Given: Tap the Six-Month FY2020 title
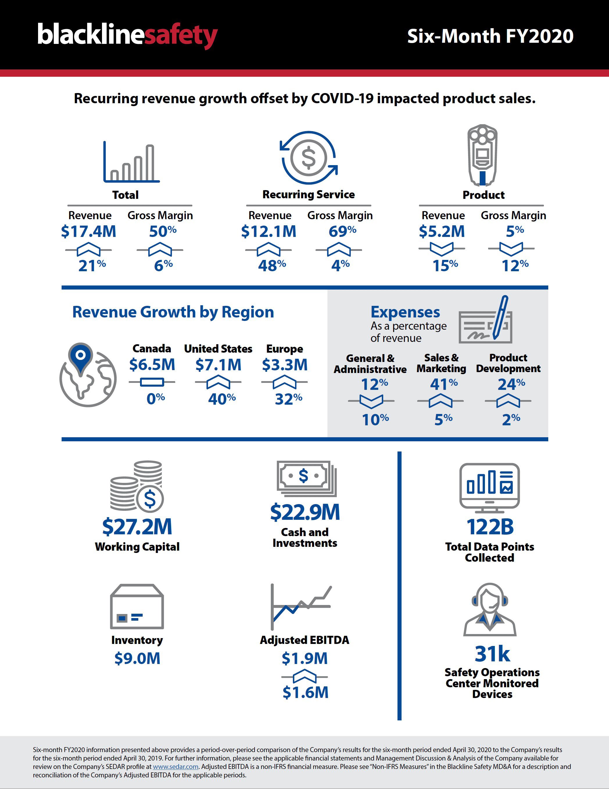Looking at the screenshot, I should pyautogui.click(x=490, y=36).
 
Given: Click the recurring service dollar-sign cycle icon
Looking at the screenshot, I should pyautogui.click(x=309, y=158).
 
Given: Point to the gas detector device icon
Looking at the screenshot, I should pyautogui.click(x=482, y=155).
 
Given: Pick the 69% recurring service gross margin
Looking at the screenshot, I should pyautogui.click(x=342, y=231).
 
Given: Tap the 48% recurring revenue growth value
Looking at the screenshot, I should pyautogui.click(x=272, y=265).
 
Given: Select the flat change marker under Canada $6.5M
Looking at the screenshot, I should pyautogui.click(x=152, y=382).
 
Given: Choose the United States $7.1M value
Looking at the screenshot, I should pyautogui.click(x=218, y=365).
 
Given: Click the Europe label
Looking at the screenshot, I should pyautogui.click(x=284, y=349).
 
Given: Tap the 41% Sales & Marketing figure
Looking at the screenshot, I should pyautogui.click(x=443, y=384).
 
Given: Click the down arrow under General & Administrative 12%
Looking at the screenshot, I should pyautogui.click(x=371, y=401).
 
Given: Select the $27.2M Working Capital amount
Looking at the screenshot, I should pyautogui.click(x=137, y=527).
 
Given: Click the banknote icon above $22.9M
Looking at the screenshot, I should pyautogui.click(x=306, y=478).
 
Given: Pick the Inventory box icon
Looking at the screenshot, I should pyautogui.click(x=137, y=607).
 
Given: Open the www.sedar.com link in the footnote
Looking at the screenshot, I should pyautogui.click(x=175, y=767).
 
